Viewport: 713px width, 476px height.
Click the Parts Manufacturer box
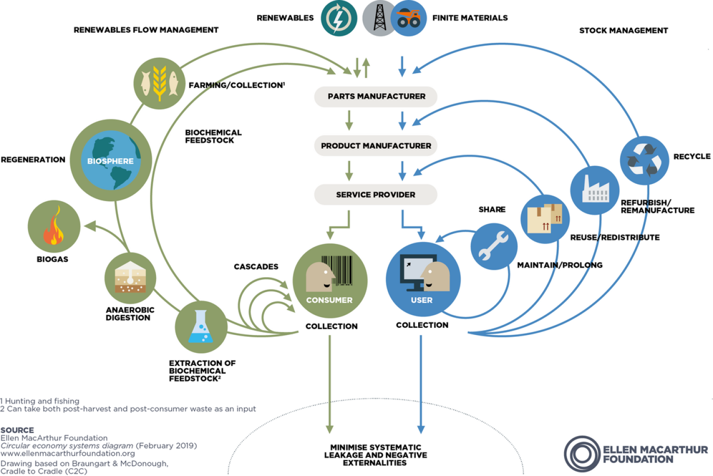(376, 97)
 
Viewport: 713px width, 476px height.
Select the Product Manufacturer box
(376, 146)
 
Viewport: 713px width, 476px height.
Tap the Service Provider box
(376, 195)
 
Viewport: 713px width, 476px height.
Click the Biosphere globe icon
(111, 161)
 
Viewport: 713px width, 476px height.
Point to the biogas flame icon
(53, 226)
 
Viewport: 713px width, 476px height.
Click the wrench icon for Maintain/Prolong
(494, 246)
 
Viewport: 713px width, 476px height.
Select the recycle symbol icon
(644, 160)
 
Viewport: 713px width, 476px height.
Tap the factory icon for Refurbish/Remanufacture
(594, 190)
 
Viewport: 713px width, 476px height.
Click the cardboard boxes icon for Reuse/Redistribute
(545, 219)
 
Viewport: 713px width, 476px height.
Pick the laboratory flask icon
(201, 327)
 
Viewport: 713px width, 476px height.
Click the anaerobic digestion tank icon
(130, 278)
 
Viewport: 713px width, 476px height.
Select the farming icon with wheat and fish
(159, 83)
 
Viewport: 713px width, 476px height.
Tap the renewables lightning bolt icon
(339, 19)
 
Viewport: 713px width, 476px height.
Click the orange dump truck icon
(409, 19)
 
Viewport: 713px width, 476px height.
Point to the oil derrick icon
(380, 18)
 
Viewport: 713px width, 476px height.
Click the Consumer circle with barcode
(330, 281)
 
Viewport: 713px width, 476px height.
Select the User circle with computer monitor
(423, 280)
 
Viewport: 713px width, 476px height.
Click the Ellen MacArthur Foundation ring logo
(582, 454)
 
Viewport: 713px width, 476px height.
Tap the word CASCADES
(256, 267)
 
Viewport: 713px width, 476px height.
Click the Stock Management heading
(623, 30)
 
